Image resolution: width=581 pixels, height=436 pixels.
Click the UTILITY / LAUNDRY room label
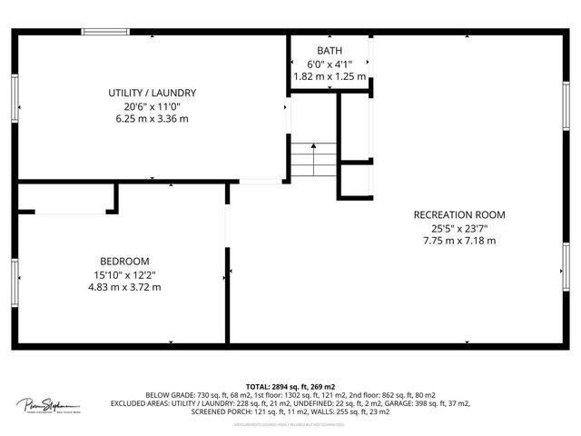click(x=153, y=93)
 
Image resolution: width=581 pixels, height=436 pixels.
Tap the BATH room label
click(x=330, y=50)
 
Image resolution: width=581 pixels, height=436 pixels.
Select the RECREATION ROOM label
click(x=458, y=214)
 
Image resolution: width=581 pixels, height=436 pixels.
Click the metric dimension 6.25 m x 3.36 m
click(x=153, y=119)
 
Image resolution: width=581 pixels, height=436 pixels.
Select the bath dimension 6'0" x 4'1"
click(x=330, y=64)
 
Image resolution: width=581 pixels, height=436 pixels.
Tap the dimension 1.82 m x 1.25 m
click(x=330, y=76)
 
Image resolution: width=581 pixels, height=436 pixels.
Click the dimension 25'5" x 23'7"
click(x=458, y=228)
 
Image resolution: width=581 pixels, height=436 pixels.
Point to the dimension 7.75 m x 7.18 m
click(x=458, y=241)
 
